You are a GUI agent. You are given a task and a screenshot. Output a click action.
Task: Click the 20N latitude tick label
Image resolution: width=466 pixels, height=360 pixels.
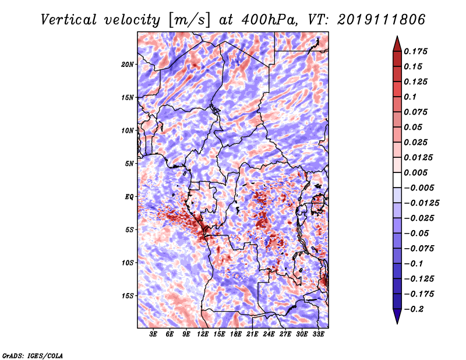tap(128, 65)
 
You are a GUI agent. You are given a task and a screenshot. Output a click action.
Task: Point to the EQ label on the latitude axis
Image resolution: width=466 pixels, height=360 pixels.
tap(129, 197)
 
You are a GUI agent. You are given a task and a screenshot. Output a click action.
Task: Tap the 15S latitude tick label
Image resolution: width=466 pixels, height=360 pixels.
tap(128, 296)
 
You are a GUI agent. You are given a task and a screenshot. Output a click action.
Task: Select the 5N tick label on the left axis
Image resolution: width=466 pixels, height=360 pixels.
tap(129, 164)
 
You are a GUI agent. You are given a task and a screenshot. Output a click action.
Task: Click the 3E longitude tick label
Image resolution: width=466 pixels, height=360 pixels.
tap(153, 334)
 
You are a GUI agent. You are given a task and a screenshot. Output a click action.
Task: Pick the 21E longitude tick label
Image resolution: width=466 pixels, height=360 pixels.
tap(252, 334)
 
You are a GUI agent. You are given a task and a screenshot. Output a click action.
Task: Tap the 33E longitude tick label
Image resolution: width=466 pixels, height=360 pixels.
tap(318, 334)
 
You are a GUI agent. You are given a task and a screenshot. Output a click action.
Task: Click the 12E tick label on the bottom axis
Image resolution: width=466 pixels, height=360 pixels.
tap(203, 334)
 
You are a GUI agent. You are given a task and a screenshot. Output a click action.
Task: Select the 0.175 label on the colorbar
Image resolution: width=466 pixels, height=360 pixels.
tap(415, 51)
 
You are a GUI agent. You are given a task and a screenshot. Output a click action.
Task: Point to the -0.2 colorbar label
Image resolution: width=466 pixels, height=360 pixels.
tap(414, 309)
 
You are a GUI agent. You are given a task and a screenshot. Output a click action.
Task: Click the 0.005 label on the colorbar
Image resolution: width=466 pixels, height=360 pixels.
tap(415, 172)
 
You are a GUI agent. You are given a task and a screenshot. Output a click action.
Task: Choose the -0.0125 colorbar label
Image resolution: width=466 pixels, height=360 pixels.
tap(421, 203)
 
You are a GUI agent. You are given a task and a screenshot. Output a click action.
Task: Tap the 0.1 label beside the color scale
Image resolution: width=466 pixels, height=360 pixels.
tap(410, 97)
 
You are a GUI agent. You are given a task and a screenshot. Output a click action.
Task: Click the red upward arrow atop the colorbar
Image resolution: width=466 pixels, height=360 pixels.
tap(397, 44)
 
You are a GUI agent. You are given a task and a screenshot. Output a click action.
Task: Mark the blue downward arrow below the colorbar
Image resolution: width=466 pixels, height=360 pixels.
tap(397, 316)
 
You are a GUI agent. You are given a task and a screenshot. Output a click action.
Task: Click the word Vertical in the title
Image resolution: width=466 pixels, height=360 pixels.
tap(69, 20)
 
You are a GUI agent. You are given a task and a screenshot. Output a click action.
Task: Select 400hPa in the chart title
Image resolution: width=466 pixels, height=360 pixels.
tap(269, 20)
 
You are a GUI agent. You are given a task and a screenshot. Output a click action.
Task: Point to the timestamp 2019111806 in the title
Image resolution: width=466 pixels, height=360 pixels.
tap(382, 20)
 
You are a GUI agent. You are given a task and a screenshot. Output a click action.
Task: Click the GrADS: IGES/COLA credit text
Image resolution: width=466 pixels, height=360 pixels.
tap(33, 355)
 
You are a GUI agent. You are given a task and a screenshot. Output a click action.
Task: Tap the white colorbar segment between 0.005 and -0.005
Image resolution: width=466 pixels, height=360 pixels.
tap(397, 180)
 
